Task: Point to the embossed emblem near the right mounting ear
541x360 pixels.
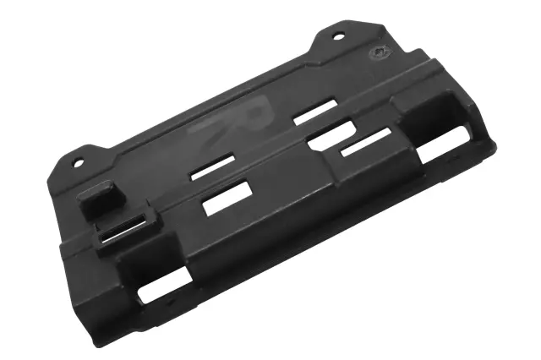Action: (x=378, y=52)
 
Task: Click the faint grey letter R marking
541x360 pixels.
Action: (x=246, y=118)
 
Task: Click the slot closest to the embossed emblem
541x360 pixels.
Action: (x=315, y=113)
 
